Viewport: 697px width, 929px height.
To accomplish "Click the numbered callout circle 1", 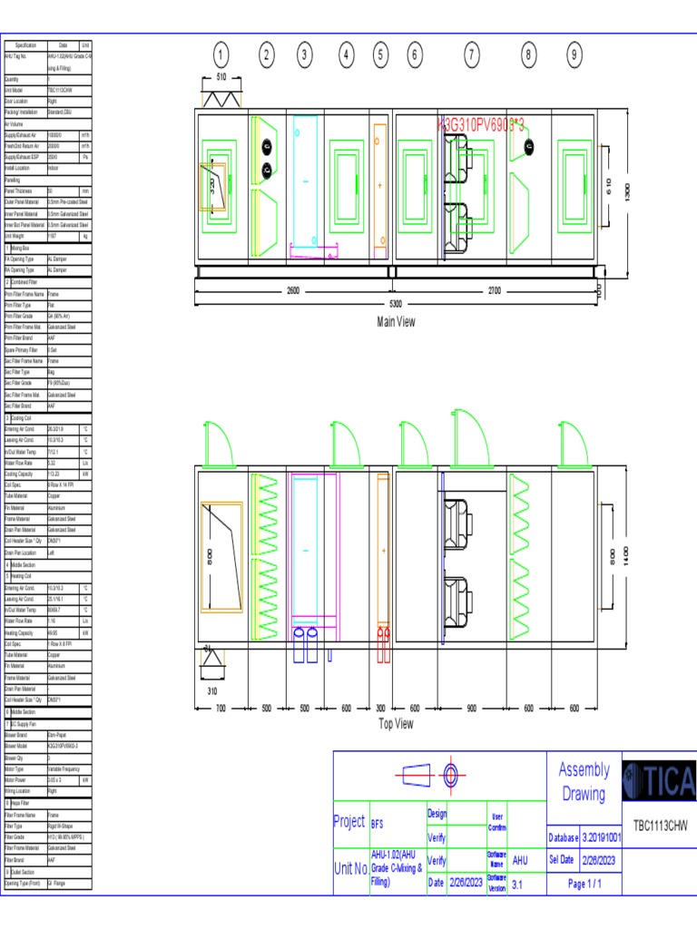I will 222,55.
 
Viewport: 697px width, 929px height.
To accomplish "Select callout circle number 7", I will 471,55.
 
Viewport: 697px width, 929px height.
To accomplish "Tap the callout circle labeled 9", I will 574,55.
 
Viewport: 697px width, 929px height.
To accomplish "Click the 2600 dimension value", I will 293,291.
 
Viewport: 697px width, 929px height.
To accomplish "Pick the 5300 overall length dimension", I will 396,304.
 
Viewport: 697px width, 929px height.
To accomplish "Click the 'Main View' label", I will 396,322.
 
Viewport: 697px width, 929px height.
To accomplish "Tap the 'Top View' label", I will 396,723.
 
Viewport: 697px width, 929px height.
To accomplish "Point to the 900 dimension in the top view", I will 472,708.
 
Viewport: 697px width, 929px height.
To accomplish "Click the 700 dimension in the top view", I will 221,708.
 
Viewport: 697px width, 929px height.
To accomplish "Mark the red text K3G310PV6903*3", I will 482,123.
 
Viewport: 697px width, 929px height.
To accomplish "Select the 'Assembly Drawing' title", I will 583,782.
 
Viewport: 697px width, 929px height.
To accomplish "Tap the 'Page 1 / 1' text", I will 583,883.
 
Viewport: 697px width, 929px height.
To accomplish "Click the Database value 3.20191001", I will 600,836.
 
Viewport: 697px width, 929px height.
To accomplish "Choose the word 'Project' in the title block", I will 349,822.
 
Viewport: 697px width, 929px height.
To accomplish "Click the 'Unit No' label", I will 350,868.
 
